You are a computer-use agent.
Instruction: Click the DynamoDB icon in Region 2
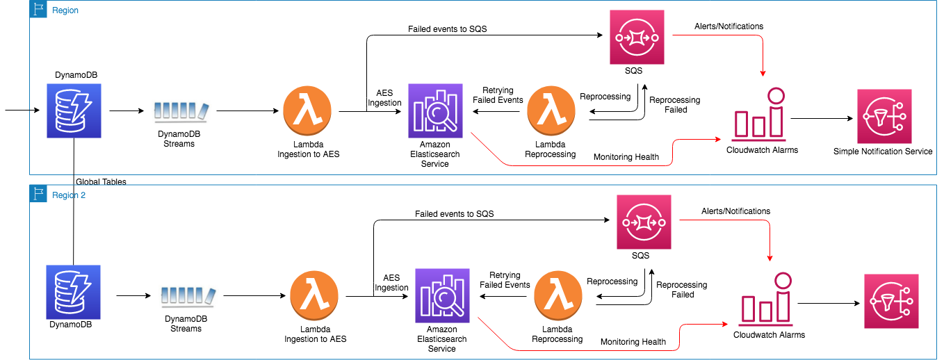73,291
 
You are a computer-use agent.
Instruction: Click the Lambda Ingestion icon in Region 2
315,297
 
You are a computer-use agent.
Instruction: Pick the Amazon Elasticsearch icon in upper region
435,111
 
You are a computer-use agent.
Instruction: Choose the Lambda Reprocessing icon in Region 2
558,297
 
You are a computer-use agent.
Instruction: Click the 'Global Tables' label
101,181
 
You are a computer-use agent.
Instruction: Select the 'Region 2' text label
69,195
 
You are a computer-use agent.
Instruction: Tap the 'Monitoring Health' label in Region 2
633,341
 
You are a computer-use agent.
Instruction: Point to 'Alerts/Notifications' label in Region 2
735,211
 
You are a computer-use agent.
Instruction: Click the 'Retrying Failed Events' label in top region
498,95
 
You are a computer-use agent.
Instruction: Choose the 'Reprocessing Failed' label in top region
674,104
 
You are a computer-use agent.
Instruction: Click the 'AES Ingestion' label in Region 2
391,283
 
